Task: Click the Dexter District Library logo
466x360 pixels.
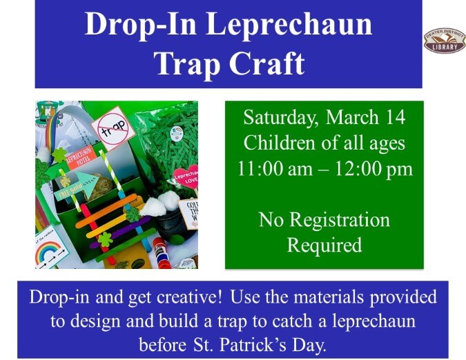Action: tap(444, 41)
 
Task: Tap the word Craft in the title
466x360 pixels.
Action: tap(266, 63)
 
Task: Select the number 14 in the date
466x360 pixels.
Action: tap(394, 118)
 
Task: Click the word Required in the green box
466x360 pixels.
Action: tap(324, 245)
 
